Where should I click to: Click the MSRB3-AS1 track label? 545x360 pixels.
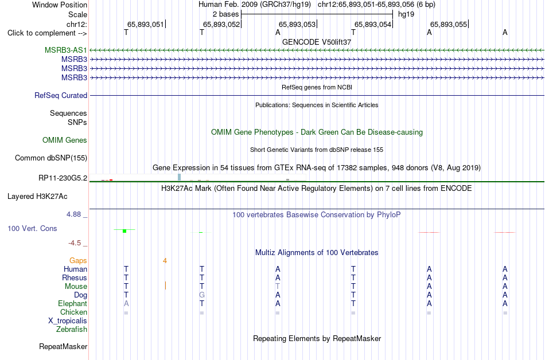[x=66, y=50]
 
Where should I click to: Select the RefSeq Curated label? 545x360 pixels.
[x=61, y=96]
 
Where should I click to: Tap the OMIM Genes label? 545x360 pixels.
[x=65, y=140]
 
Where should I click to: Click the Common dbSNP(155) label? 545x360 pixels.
[x=51, y=158]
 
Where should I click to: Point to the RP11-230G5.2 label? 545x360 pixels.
[x=63, y=178]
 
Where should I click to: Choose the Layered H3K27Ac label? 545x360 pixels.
[x=37, y=197]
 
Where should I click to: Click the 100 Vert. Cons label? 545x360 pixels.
[x=32, y=228]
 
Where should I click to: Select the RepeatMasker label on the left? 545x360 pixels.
[x=63, y=346]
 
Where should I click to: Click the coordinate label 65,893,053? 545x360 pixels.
[x=297, y=24]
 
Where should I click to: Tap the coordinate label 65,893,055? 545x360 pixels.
[x=449, y=24]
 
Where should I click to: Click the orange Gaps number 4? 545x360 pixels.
[x=165, y=261]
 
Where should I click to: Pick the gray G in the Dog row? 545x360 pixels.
[x=202, y=295]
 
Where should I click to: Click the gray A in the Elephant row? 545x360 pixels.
[x=126, y=303]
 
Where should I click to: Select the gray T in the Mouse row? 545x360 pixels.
[x=277, y=287]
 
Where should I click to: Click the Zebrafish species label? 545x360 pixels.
[x=72, y=330]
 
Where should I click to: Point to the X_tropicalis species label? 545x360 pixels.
[x=68, y=321]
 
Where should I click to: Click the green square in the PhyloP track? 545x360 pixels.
[x=125, y=231]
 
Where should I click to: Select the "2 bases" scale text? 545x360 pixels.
[x=226, y=14]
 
